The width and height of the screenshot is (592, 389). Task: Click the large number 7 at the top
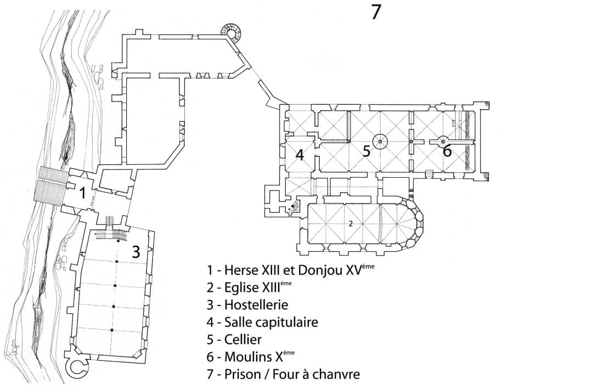pos(376,12)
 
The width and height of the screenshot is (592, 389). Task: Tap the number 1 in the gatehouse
pos(82,193)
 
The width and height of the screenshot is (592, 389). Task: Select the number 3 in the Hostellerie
pos(136,251)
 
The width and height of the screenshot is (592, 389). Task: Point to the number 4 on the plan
pos(300,155)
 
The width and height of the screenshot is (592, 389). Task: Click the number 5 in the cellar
pos(367,151)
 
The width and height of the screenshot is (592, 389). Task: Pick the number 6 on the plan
pos(447,151)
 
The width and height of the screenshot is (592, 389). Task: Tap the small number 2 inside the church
pos(350,223)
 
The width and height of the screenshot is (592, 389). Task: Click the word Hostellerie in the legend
pos(256,305)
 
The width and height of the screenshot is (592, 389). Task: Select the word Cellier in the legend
pos(243,340)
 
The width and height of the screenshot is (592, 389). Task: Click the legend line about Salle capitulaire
pos(262,322)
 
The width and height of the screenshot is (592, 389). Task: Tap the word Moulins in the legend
pos(246,357)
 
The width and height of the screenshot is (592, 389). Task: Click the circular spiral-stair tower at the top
pos(232,34)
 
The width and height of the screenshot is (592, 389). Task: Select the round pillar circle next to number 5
pos(380,141)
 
